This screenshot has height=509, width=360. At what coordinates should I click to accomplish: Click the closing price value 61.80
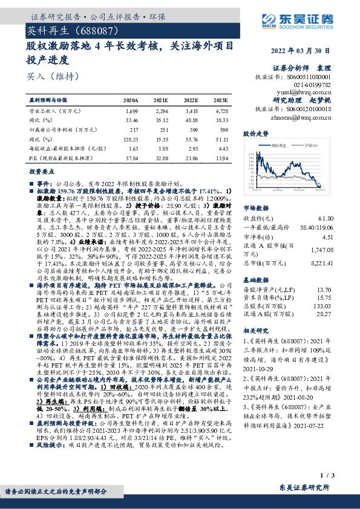coord(343,218)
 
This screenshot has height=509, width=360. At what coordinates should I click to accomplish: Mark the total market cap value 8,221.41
coord(338,264)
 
